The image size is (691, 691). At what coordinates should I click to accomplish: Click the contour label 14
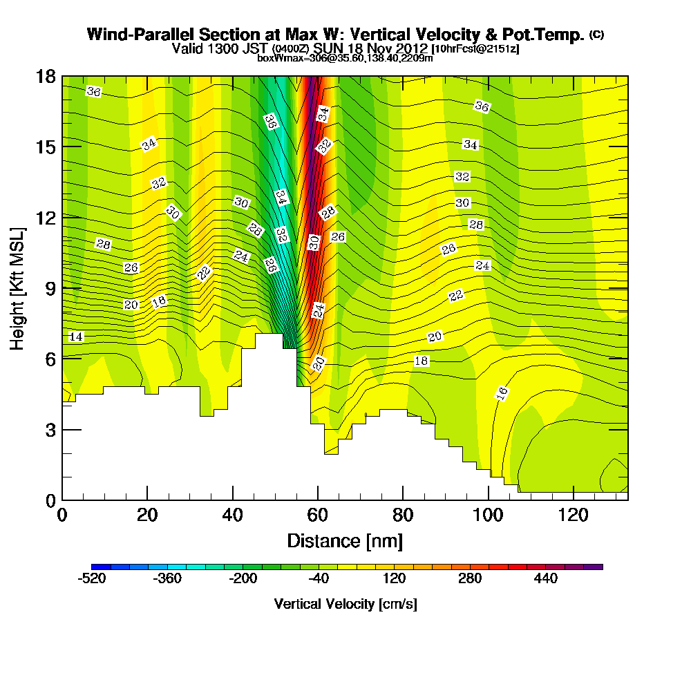[77, 337]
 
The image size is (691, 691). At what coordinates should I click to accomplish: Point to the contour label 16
[502, 392]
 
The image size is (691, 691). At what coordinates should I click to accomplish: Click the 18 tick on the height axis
[46, 76]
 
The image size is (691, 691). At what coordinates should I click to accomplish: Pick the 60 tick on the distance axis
[318, 515]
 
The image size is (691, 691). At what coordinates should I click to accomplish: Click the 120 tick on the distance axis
[574, 515]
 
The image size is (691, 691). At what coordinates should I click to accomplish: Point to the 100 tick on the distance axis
[489, 515]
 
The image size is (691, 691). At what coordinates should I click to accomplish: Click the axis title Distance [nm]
[345, 540]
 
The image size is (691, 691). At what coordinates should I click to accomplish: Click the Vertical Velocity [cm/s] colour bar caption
[345, 604]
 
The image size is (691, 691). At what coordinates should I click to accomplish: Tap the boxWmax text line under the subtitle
[345, 58]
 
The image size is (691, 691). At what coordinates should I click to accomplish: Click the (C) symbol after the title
[596, 34]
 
